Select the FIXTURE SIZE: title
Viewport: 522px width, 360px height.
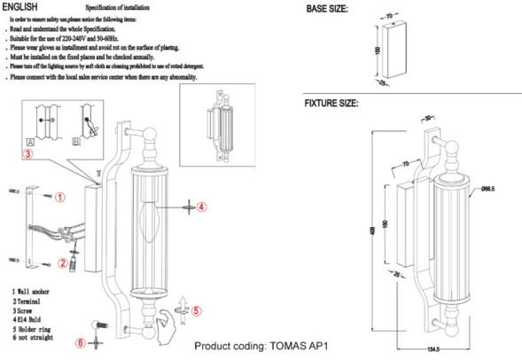(331, 104)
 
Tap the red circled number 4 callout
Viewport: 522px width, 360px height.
(201, 207)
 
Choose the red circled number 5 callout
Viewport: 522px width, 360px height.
(197, 311)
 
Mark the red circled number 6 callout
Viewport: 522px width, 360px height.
(81, 342)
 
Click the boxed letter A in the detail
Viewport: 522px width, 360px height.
(30, 141)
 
